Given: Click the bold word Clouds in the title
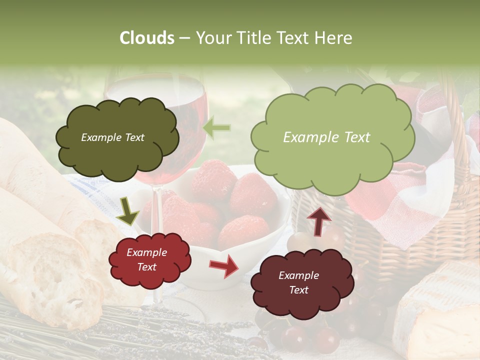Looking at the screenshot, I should click(x=147, y=38).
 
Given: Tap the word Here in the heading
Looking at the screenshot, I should click(x=335, y=38).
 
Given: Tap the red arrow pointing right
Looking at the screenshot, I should click(x=223, y=266).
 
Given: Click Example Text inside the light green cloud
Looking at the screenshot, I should click(x=326, y=137).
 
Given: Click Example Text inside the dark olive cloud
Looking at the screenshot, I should click(x=113, y=137).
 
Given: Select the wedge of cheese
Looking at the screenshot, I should click(x=440, y=310).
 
